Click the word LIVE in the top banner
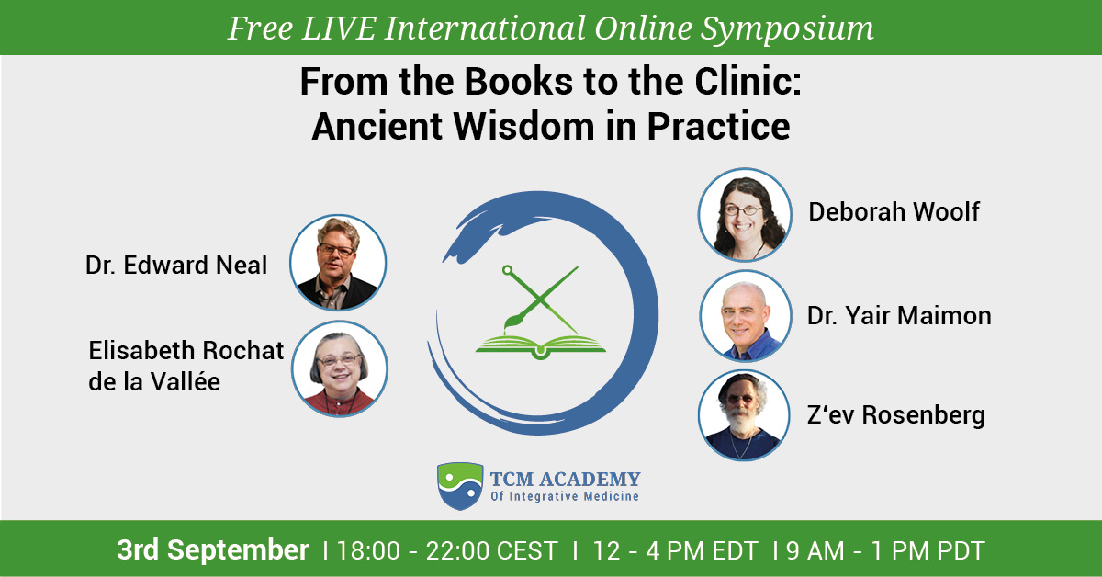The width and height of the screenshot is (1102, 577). (x=339, y=28)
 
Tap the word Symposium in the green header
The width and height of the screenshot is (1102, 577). (x=787, y=29)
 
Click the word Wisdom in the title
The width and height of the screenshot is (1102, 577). (x=524, y=127)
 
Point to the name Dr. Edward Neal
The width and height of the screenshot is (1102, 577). (x=176, y=266)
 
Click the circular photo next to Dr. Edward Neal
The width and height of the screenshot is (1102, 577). (x=338, y=263)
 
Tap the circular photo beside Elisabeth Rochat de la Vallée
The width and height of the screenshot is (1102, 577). (x=340, y=369)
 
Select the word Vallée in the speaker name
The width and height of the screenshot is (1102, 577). (x=185, y=381)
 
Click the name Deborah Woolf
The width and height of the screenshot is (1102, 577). (x=894, y=211)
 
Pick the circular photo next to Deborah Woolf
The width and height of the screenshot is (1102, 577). (x=745, y=215)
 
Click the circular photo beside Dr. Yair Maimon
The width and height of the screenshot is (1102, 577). (x=746, y=315)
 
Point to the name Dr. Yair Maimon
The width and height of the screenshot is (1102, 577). (x=899, y=315)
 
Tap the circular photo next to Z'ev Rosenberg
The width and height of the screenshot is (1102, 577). (x=744, y=415)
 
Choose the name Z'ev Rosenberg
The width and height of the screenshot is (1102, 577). (x=896, y=415)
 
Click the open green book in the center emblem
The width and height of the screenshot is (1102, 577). (x=541, y=346)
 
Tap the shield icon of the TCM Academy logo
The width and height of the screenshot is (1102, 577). (x=460, y=486)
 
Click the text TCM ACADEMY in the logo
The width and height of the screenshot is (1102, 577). (x=566, y=479)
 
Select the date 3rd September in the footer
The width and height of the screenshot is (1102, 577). (x=212, y=550)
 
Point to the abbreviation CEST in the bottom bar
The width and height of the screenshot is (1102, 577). (x=527, y=550)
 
